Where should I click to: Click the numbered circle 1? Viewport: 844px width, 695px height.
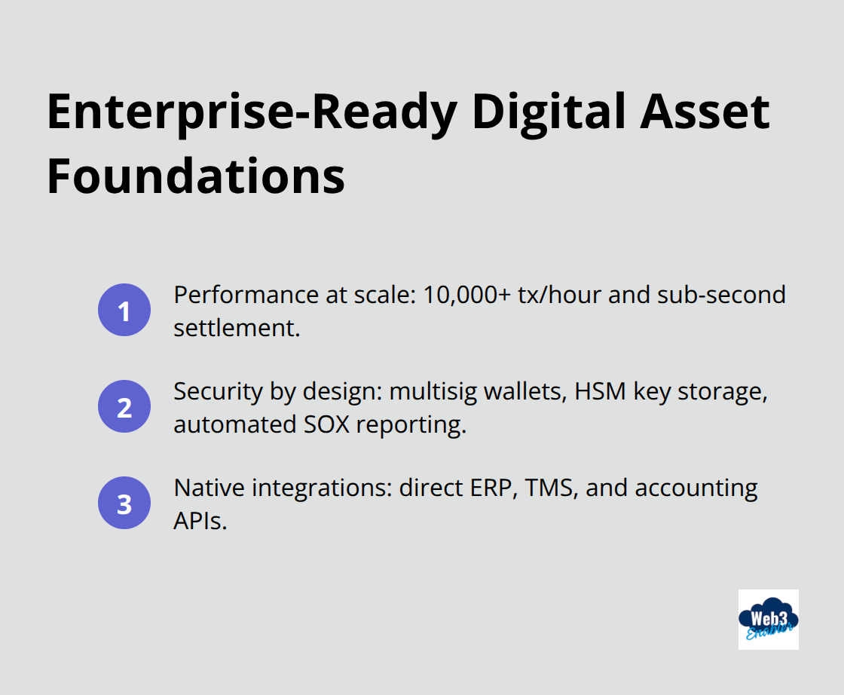[x=124, y=311]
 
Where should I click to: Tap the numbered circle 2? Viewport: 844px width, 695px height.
[x=124, y=407]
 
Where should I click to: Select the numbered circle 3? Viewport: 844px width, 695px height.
[x=124, y=504]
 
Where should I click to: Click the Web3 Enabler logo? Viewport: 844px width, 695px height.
[x=768, y=620]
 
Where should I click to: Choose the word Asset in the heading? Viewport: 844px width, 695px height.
[x=705, y=112]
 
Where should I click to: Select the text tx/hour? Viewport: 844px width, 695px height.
[x=545, y=295]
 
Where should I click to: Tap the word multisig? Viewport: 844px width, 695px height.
[x=436, y=391]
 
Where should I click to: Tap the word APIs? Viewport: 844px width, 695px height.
[x=199, y=521]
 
